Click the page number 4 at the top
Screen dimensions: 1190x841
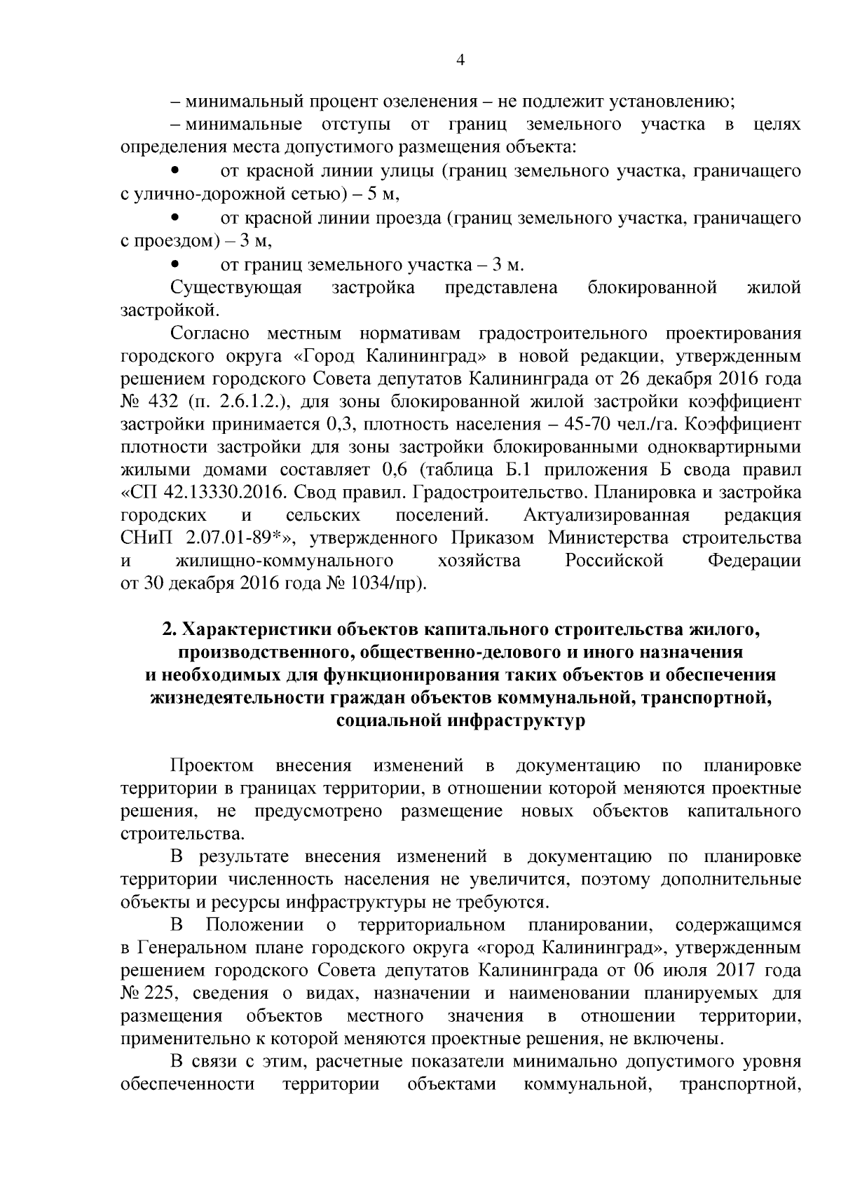point(460,60)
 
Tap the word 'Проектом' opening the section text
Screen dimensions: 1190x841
point(212,766)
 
